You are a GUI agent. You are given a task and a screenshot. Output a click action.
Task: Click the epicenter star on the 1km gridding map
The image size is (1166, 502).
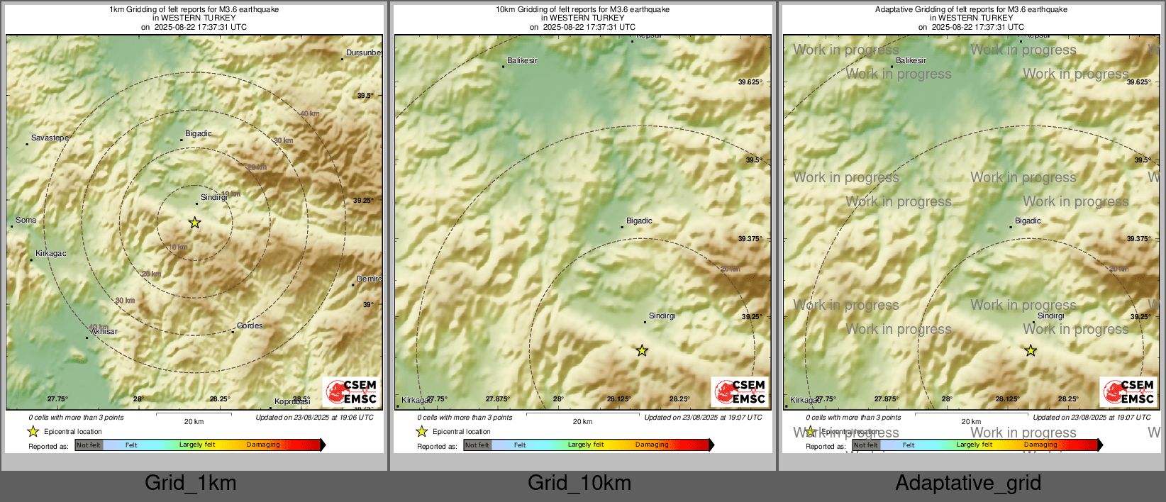tap(194, 223)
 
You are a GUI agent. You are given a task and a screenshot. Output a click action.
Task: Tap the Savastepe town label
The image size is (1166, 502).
tap(50, 138)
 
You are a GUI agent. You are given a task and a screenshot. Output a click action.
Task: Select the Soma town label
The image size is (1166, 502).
tap(26, 220)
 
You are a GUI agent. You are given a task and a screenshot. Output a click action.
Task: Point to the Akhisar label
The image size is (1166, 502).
tap(104, 331)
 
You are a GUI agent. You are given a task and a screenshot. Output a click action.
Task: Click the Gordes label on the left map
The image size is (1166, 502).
tap(250, 325)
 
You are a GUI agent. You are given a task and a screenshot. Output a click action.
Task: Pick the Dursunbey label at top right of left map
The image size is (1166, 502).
tap(364, 52)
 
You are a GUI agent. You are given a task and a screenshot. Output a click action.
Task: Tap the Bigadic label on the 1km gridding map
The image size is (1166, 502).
tap(199, 133)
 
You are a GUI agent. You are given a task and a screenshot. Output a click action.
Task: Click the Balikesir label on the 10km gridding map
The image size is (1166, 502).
tap(523, 60)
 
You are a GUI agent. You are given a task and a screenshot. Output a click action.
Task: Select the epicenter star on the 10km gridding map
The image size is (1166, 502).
tap(642, 350)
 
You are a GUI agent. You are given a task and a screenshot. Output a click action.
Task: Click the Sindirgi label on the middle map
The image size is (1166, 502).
tap(662, 316)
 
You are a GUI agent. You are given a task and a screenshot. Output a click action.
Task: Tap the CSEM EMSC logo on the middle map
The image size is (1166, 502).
tap(740, 391)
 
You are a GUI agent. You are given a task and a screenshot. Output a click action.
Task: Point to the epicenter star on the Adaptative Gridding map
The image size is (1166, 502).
tap(1031, 350)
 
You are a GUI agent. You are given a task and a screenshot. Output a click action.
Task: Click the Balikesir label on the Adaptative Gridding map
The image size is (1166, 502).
tap(911, 60)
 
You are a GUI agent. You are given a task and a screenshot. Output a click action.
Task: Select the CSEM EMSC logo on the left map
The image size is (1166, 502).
tap(352, 391)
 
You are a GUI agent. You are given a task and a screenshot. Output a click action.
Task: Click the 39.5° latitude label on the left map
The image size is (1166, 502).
tap(365, 95)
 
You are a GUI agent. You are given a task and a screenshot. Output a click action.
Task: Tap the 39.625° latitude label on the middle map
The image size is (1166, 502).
tap(750, 82)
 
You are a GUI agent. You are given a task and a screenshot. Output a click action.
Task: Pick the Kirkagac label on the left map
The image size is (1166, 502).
tap(51, 253)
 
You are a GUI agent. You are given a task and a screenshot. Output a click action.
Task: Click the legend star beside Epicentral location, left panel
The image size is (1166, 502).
tap(33, 431)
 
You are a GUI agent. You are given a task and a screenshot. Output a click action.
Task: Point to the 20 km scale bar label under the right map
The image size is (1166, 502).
tap(971, 421)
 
